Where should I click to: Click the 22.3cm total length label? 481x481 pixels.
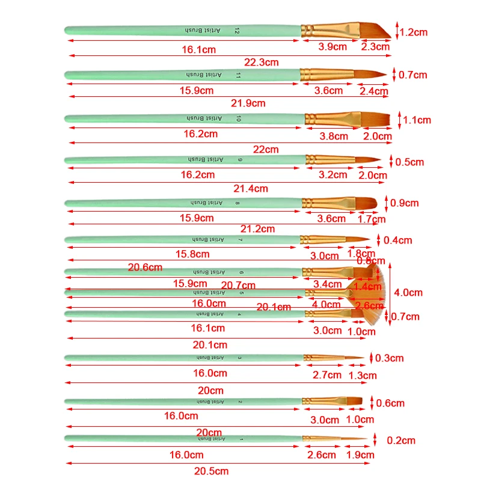262,61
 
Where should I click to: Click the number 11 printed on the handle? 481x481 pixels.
238,75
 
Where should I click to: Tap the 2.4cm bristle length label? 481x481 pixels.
374,91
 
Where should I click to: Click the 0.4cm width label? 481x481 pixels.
397,240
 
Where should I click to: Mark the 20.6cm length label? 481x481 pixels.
146,267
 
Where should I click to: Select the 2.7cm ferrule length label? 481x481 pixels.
327,375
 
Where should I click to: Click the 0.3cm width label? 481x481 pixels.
389,358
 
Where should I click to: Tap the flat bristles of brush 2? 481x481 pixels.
355,400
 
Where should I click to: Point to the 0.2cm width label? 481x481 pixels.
401,440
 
